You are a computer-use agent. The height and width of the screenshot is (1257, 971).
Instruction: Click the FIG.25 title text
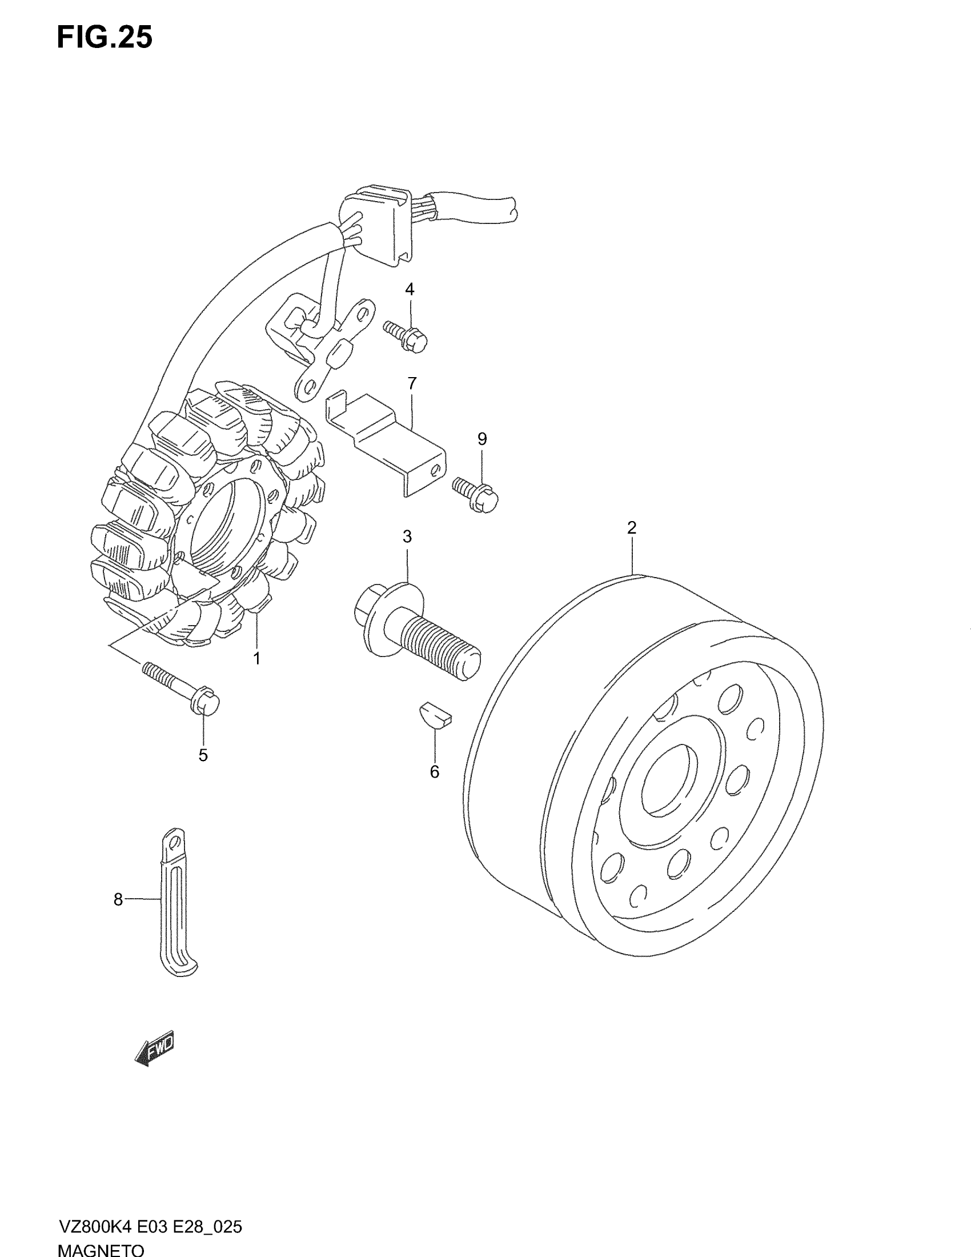105,38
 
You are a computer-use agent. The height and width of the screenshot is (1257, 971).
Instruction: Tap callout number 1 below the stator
257,659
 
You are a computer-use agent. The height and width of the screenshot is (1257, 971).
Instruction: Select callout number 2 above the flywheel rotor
632,527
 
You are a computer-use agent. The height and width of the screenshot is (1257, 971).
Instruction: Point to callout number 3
407,537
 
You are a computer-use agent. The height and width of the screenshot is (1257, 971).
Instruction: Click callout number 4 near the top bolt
410,289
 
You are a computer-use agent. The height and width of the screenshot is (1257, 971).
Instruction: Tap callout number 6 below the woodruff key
434,772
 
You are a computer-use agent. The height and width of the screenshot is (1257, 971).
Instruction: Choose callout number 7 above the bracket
412,383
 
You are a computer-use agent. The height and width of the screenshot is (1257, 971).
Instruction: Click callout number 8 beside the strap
118,899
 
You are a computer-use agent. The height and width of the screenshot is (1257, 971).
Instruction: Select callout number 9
482,439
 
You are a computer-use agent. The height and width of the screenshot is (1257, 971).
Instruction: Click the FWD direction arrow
154,1048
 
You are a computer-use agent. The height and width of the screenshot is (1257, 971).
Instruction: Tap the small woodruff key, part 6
434,714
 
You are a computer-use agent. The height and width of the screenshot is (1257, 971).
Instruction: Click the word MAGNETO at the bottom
101,1250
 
